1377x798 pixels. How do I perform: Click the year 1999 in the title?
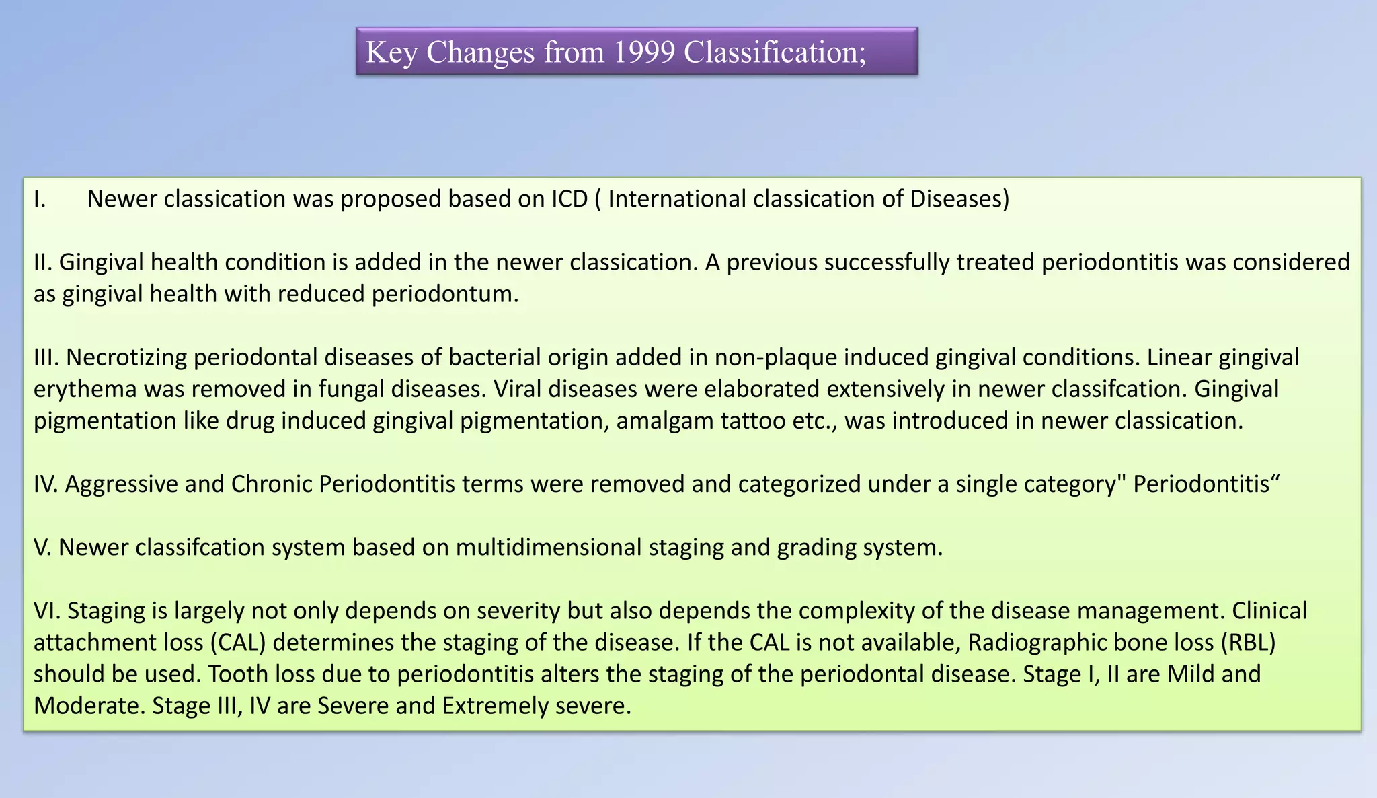[644, 52]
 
